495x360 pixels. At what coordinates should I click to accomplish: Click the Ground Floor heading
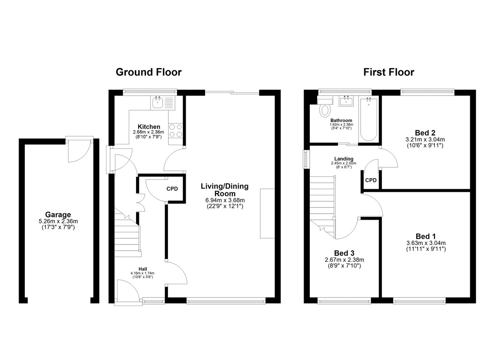click(x=148, y=72)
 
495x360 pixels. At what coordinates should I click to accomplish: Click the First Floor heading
click(x=389, y=72)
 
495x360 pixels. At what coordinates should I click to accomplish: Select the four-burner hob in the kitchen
click(x=176, y=131)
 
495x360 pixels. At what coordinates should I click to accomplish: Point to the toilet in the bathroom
click(x=325, y=108)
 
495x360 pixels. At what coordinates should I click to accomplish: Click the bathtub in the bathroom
click(x=369, y=119)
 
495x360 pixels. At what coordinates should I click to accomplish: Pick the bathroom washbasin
click(x=346, y=101)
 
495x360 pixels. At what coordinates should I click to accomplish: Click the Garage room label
click(x=58, y=214)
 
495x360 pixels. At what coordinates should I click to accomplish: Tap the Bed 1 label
click(x=426, y=236)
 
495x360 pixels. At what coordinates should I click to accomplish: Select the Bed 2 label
click(x=425, y=133)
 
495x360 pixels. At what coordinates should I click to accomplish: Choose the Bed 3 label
click(x=344, y=253)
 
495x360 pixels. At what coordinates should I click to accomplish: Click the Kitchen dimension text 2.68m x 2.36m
click(x=148, y=132)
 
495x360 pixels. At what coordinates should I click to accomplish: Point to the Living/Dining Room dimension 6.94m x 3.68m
click(x=225, y=200)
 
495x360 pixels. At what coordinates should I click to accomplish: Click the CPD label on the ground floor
click(x=172, y=189)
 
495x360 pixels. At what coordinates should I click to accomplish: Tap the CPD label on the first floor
click(x=371, y=181)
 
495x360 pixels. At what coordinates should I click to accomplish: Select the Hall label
click(x=143, y=269)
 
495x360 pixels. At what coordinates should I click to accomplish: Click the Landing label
click(x=344, y=159)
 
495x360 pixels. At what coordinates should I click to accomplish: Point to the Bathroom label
click(x=341, y=120)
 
